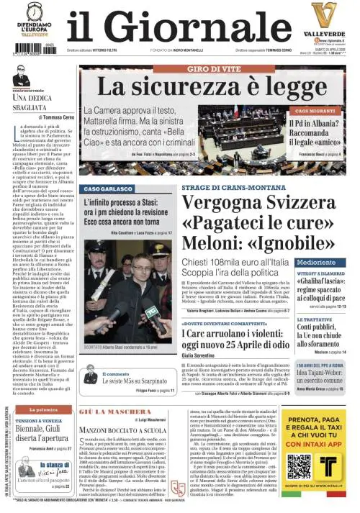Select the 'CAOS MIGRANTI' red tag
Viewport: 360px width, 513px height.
click(315, 112)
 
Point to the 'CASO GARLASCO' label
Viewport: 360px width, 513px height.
click(102, 188)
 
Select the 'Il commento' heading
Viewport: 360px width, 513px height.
click(115, 374)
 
